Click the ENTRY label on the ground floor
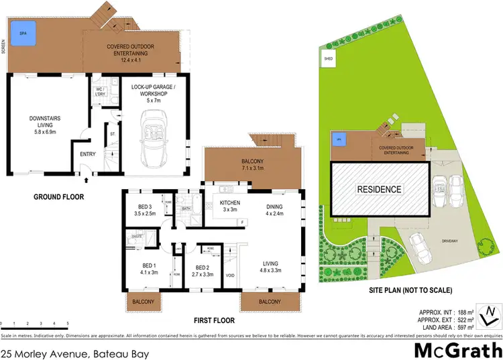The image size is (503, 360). tap(88, 154)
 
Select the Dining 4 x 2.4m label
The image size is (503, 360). tap(274, 210)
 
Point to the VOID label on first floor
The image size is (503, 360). tap(231, 276)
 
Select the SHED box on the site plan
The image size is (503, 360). tap(329, 58)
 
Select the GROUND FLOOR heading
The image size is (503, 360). tap(59, 198)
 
